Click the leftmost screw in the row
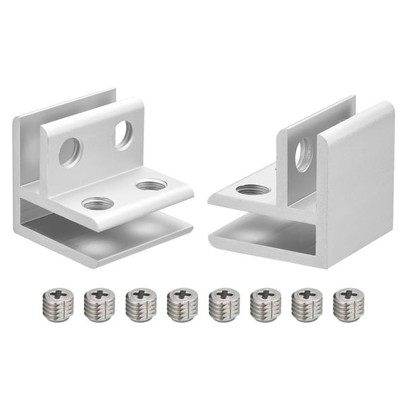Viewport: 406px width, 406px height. pyautogui.click(x=58, y=304)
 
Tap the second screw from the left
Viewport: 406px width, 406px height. pyautogui.click(x=99, y=304)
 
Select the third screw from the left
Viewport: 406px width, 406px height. pyautogui.click(x=140, y=304)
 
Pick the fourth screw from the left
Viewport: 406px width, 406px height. pyautogui.click(x=182, y=304)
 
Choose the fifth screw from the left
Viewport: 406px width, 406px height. pyautogui.click(x=224, y=304)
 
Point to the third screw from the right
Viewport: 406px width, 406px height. pyautogui.click(x=265, y=304)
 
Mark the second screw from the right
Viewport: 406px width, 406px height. pyautogui.click(x=307, y=304)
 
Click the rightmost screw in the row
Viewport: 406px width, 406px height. pyautogui.click(x=348, y=304)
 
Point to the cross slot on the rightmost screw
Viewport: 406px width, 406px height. pyautogui.click(x=348, y=293)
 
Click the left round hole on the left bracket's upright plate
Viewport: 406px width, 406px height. pyautogui.click(x=70, y=152)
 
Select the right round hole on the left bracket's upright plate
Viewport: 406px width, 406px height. pyautogui.click(x=123, y=135)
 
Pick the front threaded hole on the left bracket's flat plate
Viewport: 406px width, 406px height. pyautogui.click(x=97, y=204)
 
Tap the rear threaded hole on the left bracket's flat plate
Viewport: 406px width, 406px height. pyautogui.click(x=151, y=185)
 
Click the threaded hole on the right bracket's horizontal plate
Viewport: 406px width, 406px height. pyautogui.click(x=253, y=190)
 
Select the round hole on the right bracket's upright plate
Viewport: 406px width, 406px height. pyautogui.click(x=303, y=154)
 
